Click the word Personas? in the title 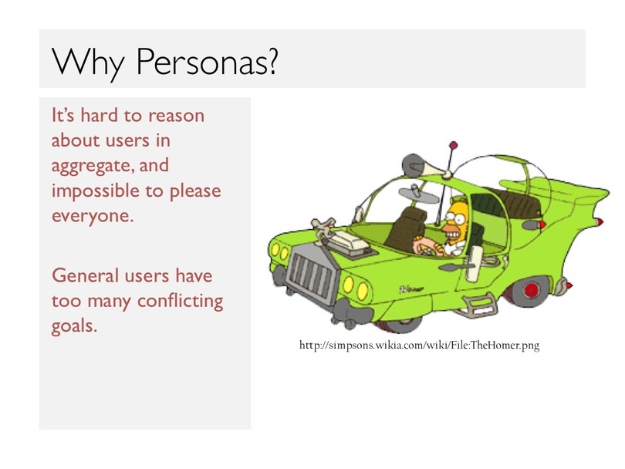(x=207, y=62)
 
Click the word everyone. (x=93, y=216)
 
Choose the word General (x=86, y=275)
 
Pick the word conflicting (x=180, y=301)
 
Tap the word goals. (x=75, y=326)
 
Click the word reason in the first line (x=176, y=116)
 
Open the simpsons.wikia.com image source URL (x=419, y=345)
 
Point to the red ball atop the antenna (x=453, y=145)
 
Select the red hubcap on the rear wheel (x=532, y=289)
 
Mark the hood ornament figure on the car (x=323, y=230)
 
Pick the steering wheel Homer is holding (x=425, y=250)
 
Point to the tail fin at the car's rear (x=574, y=199)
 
